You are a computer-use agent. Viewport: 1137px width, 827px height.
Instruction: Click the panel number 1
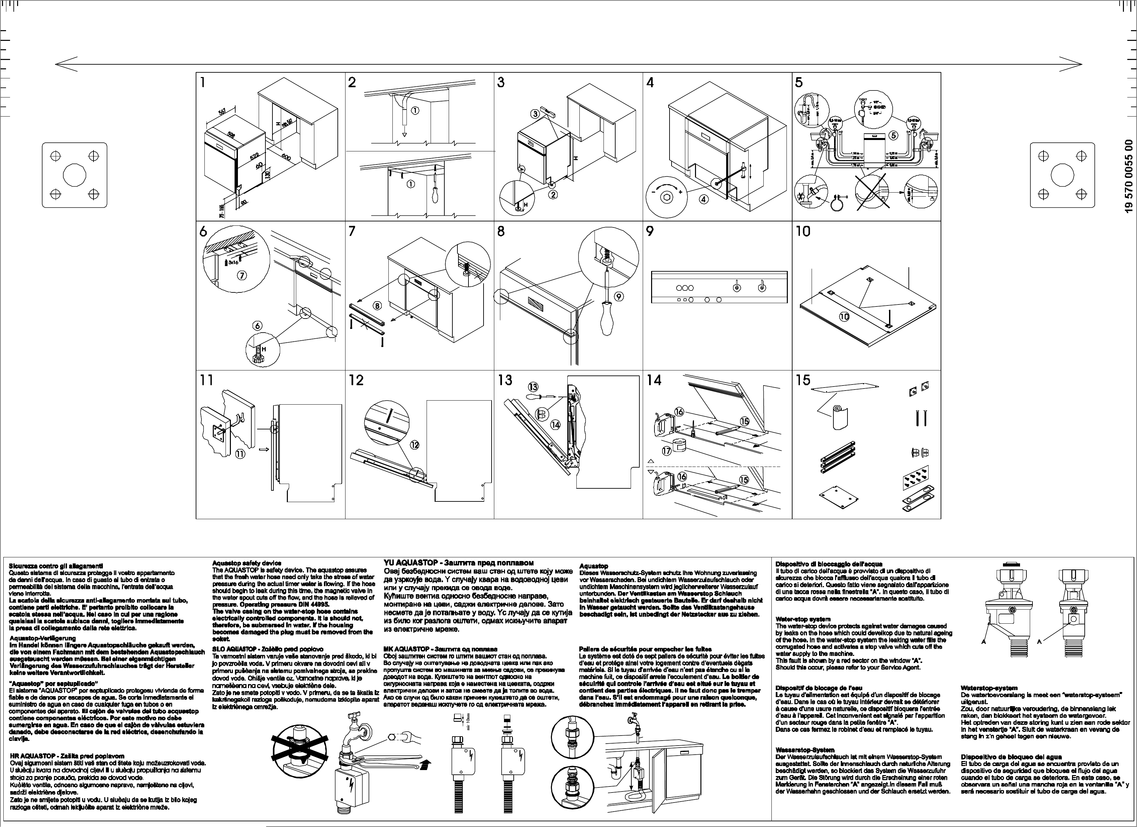point(202,83)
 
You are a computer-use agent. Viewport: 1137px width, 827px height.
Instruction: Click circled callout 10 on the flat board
point(844,317)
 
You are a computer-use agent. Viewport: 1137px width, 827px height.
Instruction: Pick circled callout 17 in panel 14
point(666,451)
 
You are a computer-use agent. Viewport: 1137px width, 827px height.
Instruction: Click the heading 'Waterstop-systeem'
point(989,688)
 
